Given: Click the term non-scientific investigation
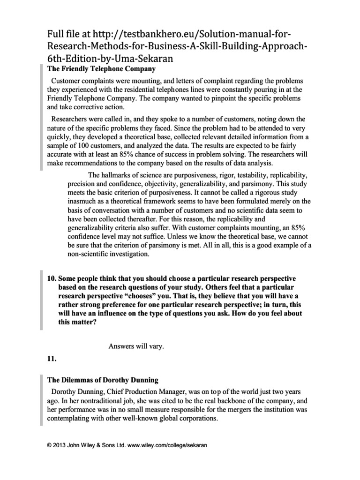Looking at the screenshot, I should (x=108, y=255).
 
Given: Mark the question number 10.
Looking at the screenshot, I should (x=52, y=278).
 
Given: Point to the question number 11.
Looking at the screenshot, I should (x=52, y=359).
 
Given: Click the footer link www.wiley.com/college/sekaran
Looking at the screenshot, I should (x=167, y=446).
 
